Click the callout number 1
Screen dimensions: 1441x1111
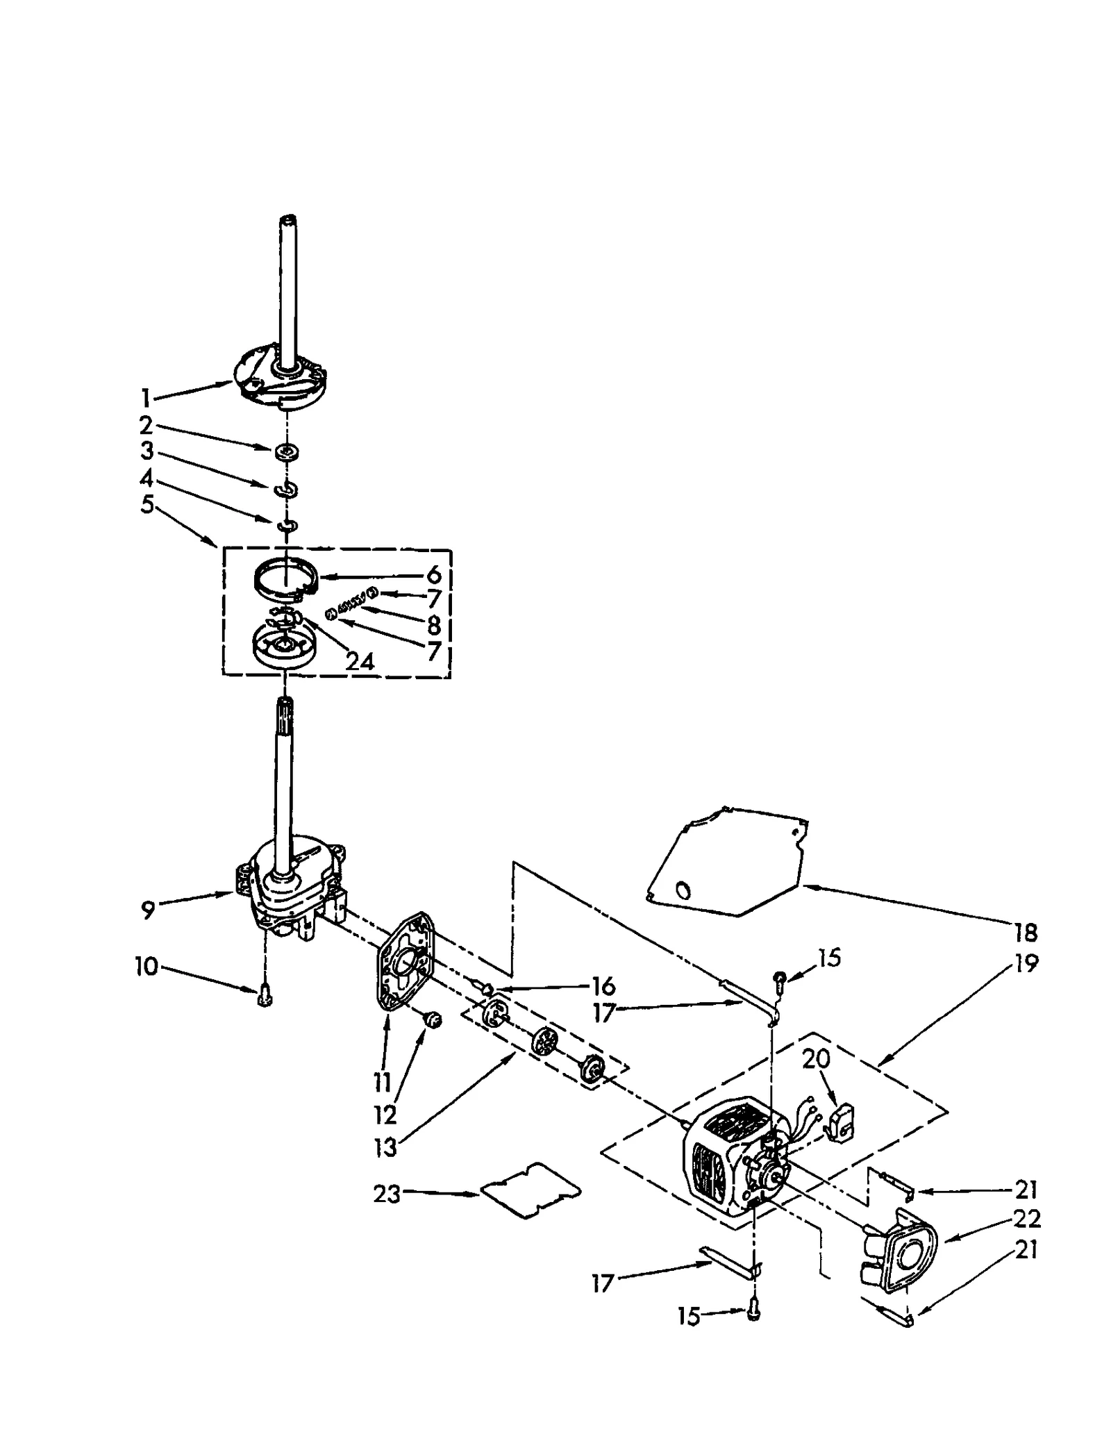(146, 398)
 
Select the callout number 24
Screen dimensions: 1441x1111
(360, 660)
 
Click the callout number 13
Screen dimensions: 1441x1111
(385, 1147)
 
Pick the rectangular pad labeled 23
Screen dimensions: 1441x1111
(531, 1194)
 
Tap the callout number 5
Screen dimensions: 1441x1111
(147, 504)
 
